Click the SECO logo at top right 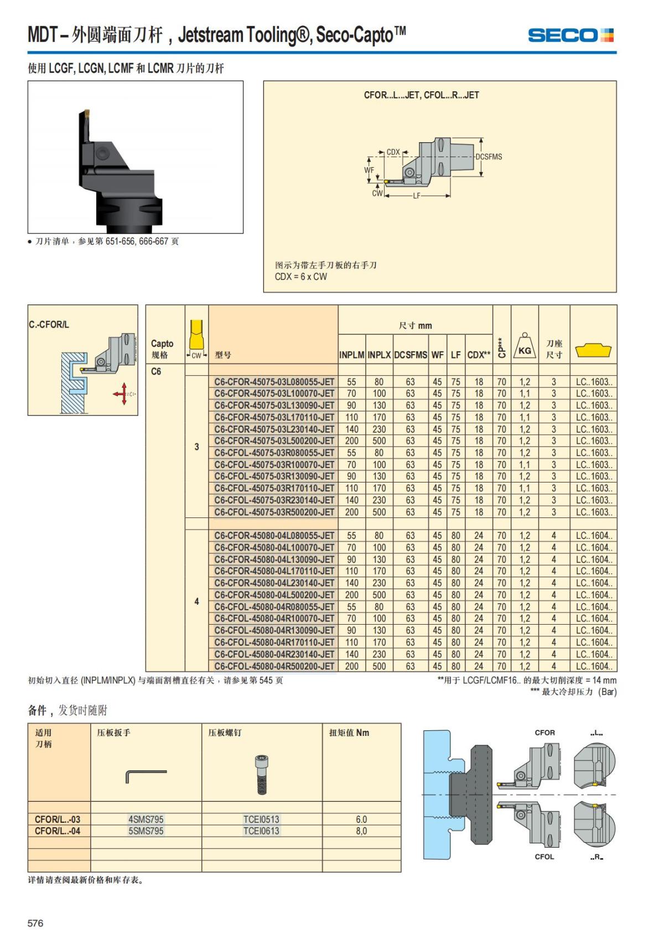click(x=570, y=35)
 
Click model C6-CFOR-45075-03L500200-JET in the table click(x=274, y=441)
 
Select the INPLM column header click(x=351, y=355)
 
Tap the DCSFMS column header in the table click(x=411, y=355)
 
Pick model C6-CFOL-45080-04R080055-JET click(x=274, y=607)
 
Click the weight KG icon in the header click(x=525, y=347)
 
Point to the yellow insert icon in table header click(x=593, y=350)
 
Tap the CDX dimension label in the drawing click(x=393, y=152)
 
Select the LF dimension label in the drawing click(x=417, y=196)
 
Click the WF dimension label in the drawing click(x=369, y=170)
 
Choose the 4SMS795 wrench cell click(x=146, y=819)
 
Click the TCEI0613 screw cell click(x=261, y=831)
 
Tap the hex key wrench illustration click(x=146, y=776)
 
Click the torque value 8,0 click(x=361, y=831)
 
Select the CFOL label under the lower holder click(x=544, y=857)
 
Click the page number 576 click(x=35, y=923)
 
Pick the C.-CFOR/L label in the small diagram click(x=49, y=324)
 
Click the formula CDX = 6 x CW click(x=301, y=277)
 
